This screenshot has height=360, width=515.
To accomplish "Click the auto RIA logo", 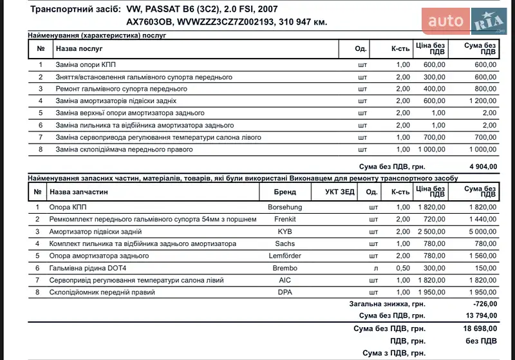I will (466, 23).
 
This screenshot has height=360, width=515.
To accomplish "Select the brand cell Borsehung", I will (285, 207).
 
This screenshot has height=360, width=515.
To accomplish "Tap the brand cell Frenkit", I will (285, 220).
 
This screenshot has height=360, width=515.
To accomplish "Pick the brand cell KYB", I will (285, 232).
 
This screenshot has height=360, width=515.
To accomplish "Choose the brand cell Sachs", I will (285, 244).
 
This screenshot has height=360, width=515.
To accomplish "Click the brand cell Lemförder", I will (285, 256).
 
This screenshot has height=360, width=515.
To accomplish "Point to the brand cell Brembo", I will (285, 268).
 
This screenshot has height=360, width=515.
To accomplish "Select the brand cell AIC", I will (285, 280).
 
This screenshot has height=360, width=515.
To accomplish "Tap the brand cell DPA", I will (285, 292).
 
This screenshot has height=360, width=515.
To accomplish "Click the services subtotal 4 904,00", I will (482, 166).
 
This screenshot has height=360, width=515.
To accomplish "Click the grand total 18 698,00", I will (480, 328).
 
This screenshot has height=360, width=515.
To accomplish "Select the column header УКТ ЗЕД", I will (335, 192).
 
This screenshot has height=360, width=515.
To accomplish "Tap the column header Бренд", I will (285, 192).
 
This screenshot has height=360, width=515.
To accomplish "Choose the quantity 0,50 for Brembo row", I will (402, 268).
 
